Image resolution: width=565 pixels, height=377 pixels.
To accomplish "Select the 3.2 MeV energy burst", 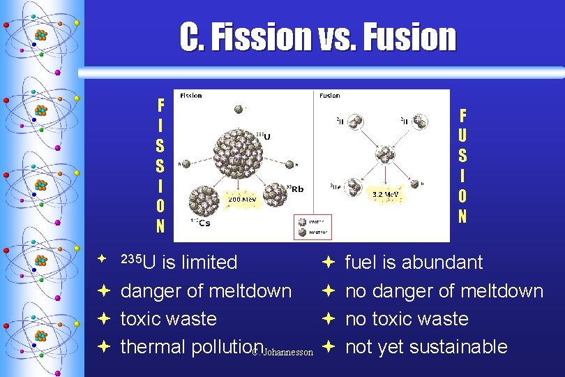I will pyautogui.click(x=385, y=193).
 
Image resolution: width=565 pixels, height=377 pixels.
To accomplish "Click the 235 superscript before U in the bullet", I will pyautogui.click(x=130, y=258).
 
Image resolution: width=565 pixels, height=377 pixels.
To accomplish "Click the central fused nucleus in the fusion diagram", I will pyautogui.click(x=384, y=154).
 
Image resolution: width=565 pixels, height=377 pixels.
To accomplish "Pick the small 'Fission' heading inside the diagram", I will pyautogui.click(x=192, y=95).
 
